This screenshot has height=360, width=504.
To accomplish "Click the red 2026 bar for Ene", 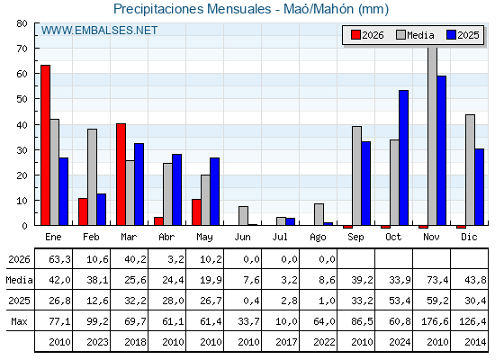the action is click(45, 145).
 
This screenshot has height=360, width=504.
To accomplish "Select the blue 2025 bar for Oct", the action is click(404, 157).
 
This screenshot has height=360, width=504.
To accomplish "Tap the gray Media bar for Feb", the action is click(92, 177).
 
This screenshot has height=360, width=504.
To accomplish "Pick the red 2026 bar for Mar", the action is click(121, 175).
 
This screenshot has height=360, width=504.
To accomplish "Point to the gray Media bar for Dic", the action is click(470, 170).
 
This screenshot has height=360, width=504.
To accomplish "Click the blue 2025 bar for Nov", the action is click(442, 150).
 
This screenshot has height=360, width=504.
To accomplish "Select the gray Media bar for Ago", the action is click(319, 214).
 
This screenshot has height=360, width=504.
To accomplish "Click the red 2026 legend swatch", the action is click(355, 35).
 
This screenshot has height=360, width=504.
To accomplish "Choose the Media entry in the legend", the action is click(416, 35).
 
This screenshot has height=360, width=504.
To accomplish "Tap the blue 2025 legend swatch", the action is click(451, 35).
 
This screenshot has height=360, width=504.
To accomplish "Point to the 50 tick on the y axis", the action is click(22, 99).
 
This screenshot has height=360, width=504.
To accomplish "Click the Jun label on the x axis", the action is click(242, 238).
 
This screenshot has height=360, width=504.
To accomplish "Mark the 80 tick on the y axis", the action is click(22, 23).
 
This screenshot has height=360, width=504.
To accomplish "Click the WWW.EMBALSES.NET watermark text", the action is click(99, 31).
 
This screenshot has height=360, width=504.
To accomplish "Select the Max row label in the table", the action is click(19, 321).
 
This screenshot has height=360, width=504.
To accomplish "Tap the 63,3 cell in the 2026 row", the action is click(59, 259).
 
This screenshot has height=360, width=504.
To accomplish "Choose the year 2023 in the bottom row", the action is click(98, 342).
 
